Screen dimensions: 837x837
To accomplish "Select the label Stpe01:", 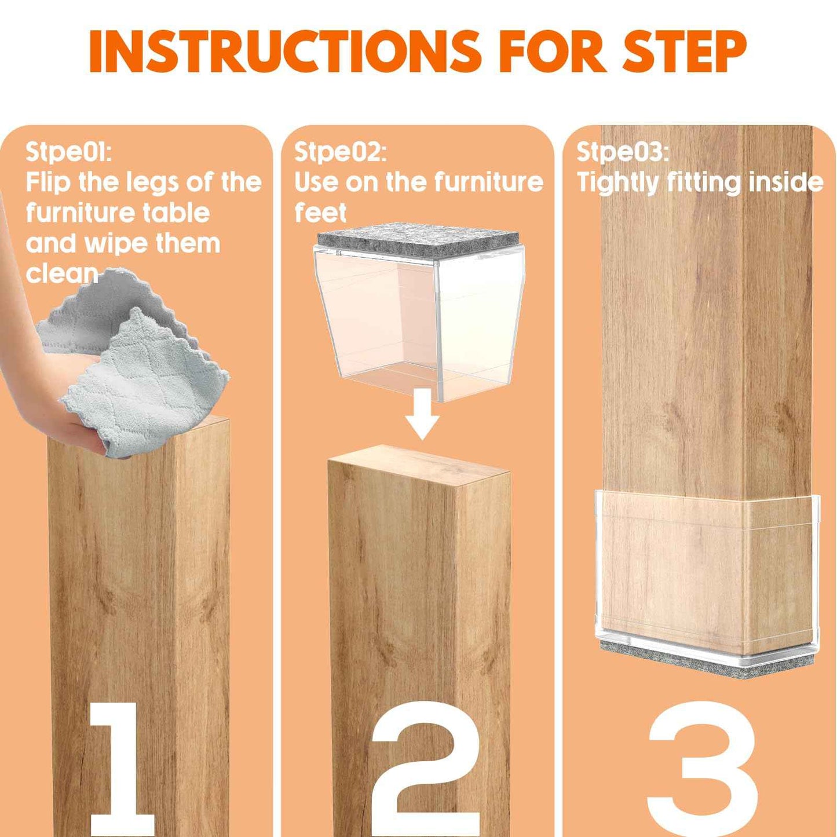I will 68,152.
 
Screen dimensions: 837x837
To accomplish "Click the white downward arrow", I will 422,414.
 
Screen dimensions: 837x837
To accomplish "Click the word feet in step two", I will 320,213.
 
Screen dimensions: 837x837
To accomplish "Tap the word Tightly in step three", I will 617,182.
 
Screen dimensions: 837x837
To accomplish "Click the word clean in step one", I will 61,273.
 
